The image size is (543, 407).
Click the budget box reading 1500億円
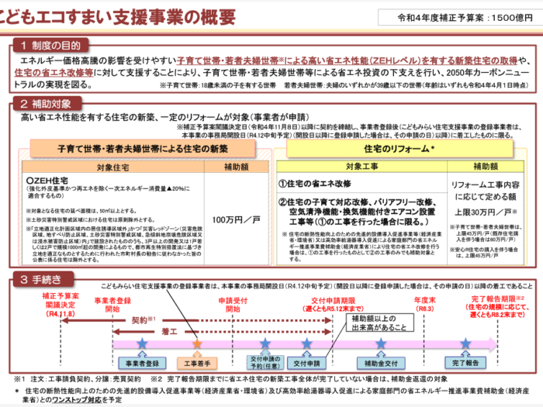coord(460,17)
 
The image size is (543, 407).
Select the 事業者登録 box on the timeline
coord(140,362)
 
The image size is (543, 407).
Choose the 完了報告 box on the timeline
coord(465,362)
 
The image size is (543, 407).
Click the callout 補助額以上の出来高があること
coord(368,322)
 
